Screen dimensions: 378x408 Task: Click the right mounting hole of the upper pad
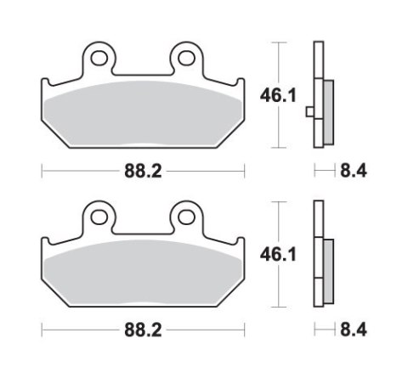pyautogui.click(x=186, y=58)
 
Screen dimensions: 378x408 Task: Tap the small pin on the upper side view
pyautogui.click(x=311, y=110)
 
